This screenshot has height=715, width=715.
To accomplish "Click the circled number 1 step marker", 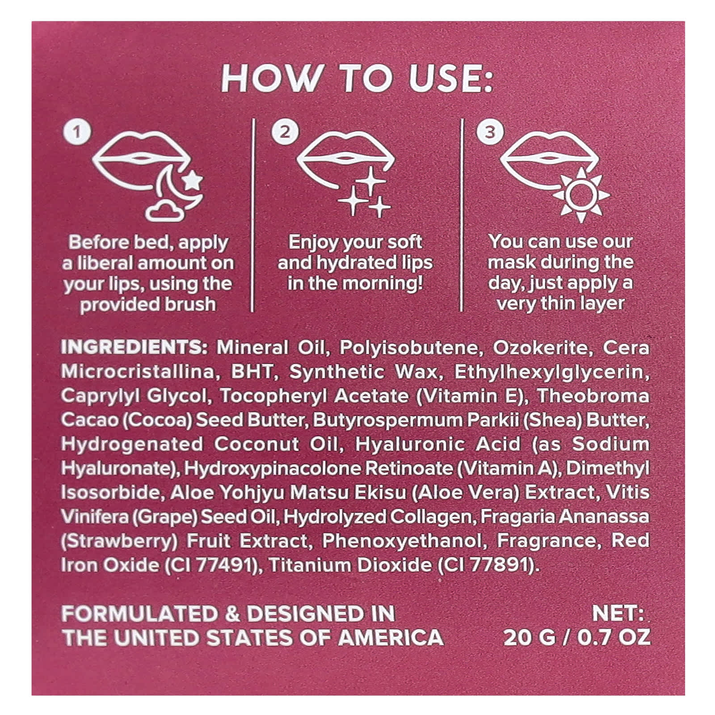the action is click(x=77, y=132).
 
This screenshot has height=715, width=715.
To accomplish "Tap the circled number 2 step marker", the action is click(x=285, y=132).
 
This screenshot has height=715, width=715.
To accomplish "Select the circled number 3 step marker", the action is click(x=490, y=132).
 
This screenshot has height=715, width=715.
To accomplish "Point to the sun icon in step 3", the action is click(x=580, y=195).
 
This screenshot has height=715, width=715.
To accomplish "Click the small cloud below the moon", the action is click(x=165, y=211).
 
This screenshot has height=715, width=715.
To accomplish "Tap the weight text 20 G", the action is click(x=530, y=638).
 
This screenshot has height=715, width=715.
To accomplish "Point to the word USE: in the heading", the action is click(x=451, y=79).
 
